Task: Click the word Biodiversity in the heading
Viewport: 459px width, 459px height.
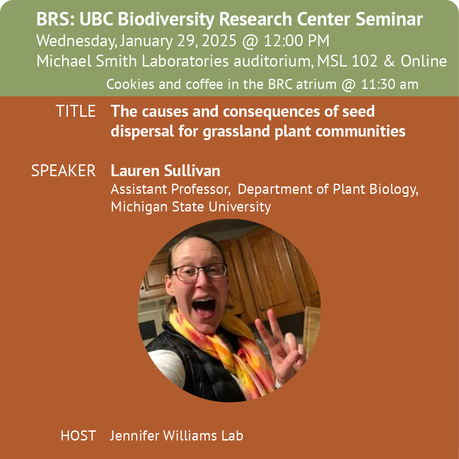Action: pyautogui.click(x=166, y=20)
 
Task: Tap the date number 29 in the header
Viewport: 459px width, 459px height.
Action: pyautogui.click(x=186, y=41)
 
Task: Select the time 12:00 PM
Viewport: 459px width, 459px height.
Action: pyautogui.click(x=296, y=41)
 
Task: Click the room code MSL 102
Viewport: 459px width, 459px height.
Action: pyautogui.click(x=347, y=61)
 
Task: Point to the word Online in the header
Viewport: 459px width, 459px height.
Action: pyautogui.click(x=424, y=61)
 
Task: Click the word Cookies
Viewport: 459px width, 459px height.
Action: pyautogui.click(x=130, y=84)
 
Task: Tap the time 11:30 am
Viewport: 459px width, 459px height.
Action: pyautogui.click(x=390, y=84)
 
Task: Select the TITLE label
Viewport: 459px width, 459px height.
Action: pyautogui.click(x=75, y=111)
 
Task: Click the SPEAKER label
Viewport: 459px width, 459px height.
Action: pyautogui.click(x=63, y=170)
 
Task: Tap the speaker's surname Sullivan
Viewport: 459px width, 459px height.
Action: pyautogui.click(x=192, y=170)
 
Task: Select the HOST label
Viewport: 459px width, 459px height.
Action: pyautogui.click(x=78, y=436)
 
